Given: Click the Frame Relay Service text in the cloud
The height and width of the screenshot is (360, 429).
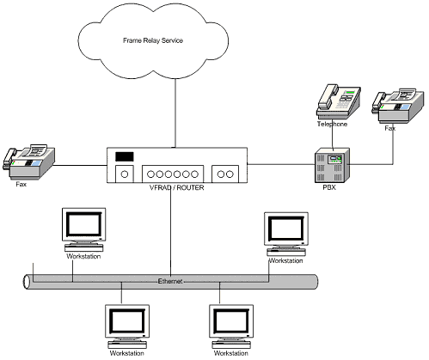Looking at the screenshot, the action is [x=153, y=40].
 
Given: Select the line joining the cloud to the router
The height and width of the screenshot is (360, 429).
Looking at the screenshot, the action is [x=175, y=113].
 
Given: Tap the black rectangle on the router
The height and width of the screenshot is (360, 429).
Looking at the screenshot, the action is [x=125, y=156].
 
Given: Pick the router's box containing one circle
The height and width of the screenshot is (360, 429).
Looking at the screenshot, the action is [x=125, y=174].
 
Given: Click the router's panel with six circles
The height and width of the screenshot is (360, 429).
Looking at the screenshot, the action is [x=173, y=174].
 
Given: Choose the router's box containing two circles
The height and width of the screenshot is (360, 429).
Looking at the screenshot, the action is [x=225, y=174].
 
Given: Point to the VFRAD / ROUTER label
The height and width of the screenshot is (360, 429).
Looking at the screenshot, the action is [x=177, y=188].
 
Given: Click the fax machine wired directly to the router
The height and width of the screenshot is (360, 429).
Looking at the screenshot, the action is [x=28, y=162].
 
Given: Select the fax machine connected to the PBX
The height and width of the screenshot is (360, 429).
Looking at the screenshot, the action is [x=398, y=106].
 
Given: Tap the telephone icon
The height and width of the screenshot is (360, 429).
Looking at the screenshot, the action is [x=338, y=101].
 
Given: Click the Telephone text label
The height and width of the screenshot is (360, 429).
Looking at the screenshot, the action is [x=332, y=124].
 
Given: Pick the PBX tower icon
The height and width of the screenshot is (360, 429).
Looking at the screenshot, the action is [x=332, y=165].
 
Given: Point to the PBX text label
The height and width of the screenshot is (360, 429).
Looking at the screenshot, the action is [x=329, y=187].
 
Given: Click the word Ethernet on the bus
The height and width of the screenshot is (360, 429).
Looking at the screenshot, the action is [x=170, y=281].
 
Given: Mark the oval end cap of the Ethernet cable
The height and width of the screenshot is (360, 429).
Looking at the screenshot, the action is [x=27, y=282].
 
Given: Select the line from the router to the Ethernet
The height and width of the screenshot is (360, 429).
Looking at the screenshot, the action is [x=171, y=230].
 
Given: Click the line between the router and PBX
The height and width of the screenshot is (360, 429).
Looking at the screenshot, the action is [x=281, y=164].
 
